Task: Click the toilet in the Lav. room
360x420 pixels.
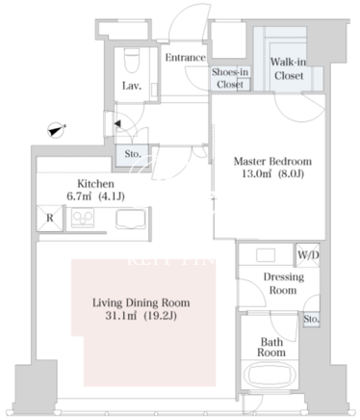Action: point(132,61)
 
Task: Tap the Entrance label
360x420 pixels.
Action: point(186,58)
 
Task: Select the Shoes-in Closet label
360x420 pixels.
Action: point(230,78)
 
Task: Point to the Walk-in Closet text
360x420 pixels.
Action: point(289,68)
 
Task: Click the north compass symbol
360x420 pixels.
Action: point(57,130)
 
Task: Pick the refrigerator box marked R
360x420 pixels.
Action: point(50,218)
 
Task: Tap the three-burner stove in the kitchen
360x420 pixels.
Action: point(83,218)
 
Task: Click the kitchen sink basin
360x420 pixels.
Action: point(131,220)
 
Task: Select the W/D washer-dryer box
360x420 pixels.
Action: point(308,255)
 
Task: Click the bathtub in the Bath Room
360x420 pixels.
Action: point(270,375)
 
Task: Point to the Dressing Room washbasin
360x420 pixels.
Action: point(266,255)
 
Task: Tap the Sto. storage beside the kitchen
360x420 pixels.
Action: point(133,155)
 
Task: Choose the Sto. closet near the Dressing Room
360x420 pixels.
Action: point(311,319)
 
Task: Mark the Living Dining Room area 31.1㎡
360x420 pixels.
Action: point(121,316)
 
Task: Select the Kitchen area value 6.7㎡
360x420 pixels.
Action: point(79,197)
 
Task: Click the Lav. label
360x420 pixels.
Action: point(132,86)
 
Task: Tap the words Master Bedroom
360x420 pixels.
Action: point(272,161)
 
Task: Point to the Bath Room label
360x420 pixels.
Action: point(271,347)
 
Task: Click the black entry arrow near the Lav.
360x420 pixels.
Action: point(117,123)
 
